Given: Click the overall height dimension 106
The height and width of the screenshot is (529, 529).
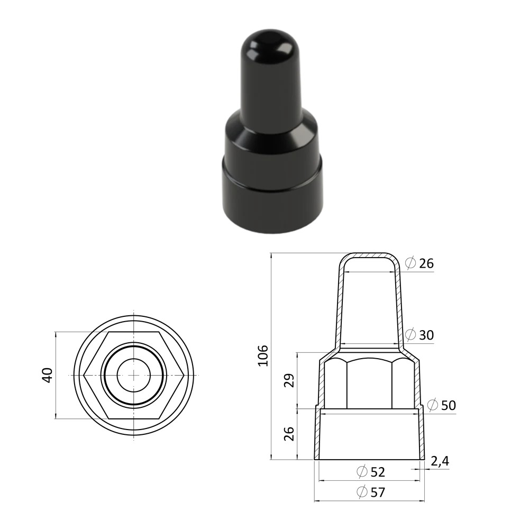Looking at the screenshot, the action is [263, 355].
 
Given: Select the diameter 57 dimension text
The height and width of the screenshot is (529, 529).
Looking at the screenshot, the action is [371, 492].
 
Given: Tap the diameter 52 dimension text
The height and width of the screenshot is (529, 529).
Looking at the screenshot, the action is [371, 472].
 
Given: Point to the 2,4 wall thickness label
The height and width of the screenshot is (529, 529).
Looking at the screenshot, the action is [440, 461].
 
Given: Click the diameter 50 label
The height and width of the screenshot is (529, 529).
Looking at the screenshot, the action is [442, 405].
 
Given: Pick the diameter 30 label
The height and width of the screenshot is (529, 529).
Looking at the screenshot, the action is [419, 335].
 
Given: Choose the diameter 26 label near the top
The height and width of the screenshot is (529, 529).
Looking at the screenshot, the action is [419, 263].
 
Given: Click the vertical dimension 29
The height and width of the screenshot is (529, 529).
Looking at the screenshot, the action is [289, 380].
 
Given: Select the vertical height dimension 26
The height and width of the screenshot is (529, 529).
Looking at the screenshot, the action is [289, 434].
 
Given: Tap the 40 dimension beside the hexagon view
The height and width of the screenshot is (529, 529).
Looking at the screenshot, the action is [48, 375].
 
